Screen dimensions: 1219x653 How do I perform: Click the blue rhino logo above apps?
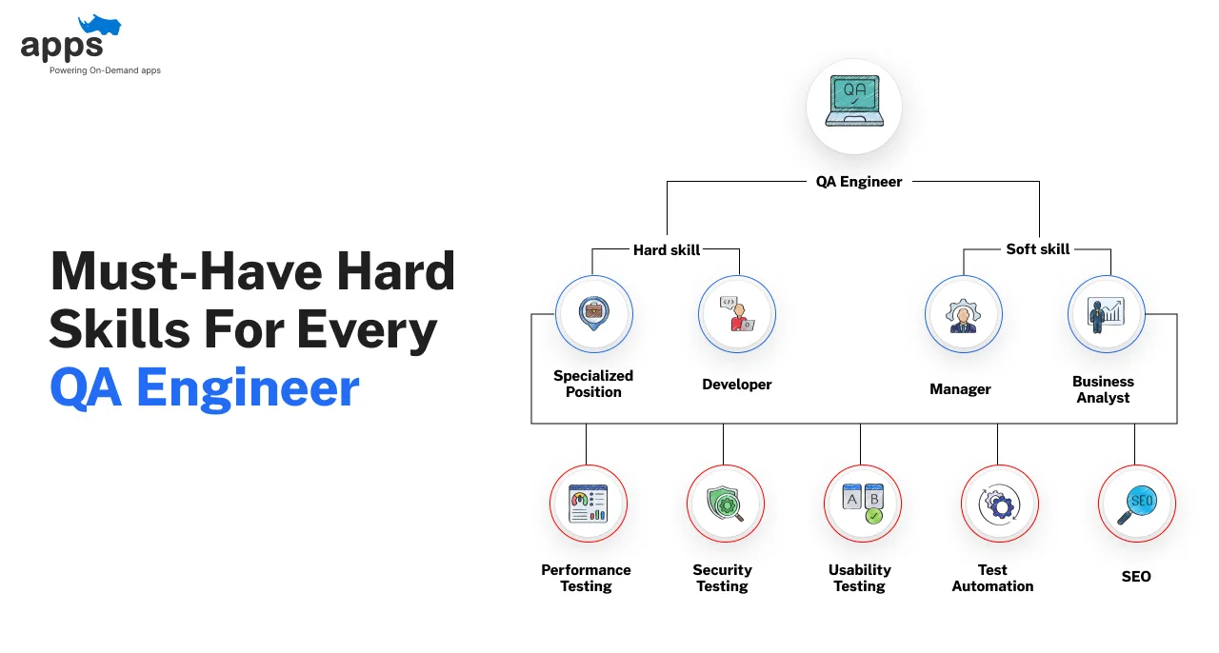pyautogui.click(x=100, y=25)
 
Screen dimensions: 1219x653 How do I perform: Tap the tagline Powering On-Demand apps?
pyautogui.click(x=105, y=70)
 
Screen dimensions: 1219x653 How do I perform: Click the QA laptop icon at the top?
pyautogui.click(x=854, y=101)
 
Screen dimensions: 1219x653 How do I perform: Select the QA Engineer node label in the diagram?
pyautogui.click(x=859, y=181)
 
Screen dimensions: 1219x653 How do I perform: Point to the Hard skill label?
pyautogui.click(x=667, y=249)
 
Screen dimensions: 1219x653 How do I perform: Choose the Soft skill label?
pyautogui.click(x=1038, y=249)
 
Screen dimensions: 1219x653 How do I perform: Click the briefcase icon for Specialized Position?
pyautogui.click(x=593, y=313)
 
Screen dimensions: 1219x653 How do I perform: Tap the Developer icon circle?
pyautogui.click(x=737, y=314)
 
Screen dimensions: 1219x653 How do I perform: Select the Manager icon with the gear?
pyautogui.click(x=963, y=315)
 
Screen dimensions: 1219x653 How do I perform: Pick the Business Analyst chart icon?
pyautogui.click(x=1106, y=314)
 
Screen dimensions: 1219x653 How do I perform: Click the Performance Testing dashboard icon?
pyautogui.click(x=589, y=504)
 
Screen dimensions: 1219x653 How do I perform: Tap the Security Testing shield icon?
pyautogui.click(x=725, y=504)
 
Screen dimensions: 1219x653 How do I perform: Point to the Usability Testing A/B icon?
pyautogui.click(x=863, y=504)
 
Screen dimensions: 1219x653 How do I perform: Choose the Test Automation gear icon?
pyautogui.click(x=999, y=505)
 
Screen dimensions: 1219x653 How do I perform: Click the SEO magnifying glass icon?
pyautogui.click(x=1137, y=505)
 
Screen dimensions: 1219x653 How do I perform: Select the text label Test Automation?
pyautogui.click(x=992, y=578)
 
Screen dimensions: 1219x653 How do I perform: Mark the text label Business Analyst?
pyautogui.click(x=1103, y=389)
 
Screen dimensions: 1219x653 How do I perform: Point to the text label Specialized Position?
pyautogui.click(x=593, y=384)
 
